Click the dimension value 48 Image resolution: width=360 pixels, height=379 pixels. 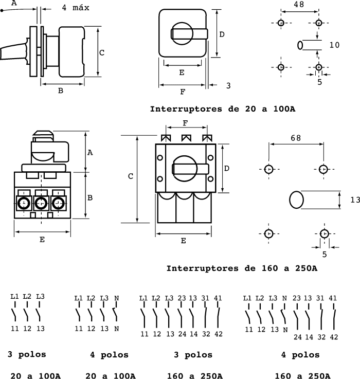coord(299,4)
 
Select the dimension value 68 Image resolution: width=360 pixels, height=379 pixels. coord(296,138)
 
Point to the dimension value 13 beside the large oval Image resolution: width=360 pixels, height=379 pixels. coord(355,200)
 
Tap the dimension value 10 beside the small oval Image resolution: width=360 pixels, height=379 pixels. coord(335,45)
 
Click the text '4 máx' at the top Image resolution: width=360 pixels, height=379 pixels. coord(76,8)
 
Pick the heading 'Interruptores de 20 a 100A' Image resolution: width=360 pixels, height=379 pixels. coord(223,109)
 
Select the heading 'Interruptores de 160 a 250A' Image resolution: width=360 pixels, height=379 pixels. coord(242,268)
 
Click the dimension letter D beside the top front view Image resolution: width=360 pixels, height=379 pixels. coord(222,34)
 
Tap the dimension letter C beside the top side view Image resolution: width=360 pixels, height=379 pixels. coord(102,52)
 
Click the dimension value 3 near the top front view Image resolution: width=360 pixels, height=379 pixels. coord(228,85)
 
